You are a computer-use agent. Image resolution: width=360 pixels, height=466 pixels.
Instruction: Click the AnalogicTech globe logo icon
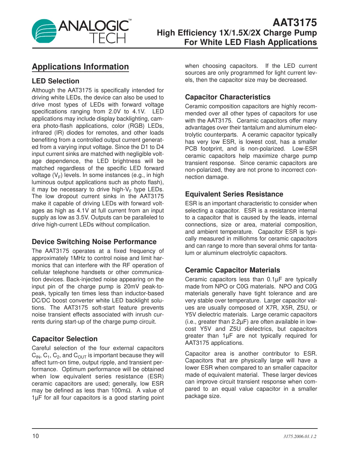coord(44,31)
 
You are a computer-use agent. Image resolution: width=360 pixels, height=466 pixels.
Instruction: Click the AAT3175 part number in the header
coord(295,22)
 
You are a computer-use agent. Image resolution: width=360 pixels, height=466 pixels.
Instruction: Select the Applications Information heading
coord(80,67)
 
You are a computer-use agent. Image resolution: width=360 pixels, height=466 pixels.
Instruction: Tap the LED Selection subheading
coord(55,81)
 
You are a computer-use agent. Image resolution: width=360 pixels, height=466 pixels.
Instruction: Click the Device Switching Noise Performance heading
coord(94,242)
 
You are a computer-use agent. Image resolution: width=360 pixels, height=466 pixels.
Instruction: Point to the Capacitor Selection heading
coord(65,339)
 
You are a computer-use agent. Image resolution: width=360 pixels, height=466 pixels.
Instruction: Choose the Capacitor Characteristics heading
coord(228,97)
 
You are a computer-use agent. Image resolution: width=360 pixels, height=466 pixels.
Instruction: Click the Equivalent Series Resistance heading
coord(234,194)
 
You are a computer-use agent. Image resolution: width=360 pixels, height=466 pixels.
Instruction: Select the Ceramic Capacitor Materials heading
coord(232,270)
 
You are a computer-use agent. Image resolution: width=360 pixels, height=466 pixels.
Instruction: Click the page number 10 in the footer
coord(35,436)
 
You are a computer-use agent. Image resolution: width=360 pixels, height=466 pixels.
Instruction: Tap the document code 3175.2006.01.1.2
coord(300,437)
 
